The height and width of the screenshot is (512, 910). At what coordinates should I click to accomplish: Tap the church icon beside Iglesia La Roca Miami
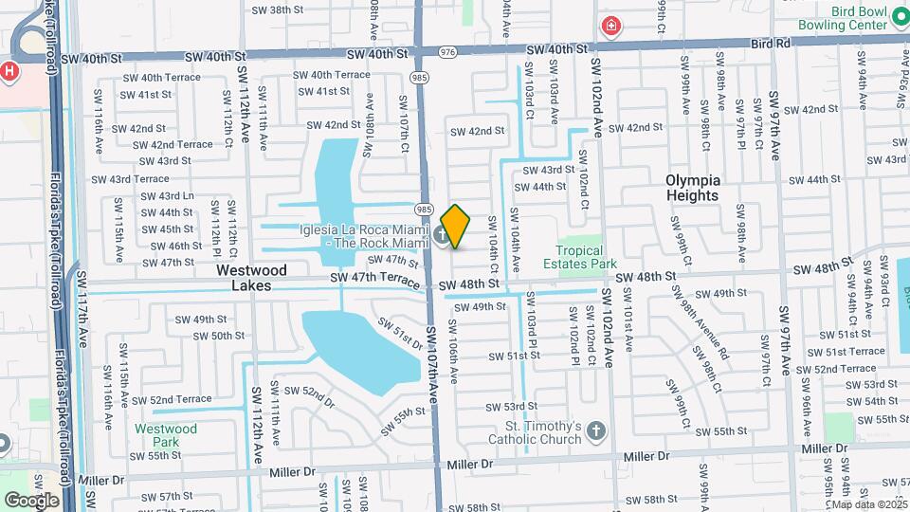click(x=444, y=235)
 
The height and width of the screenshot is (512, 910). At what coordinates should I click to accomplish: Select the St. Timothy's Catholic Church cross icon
click(x=595, y=432)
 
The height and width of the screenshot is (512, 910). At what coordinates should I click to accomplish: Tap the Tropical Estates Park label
click(x=586, y=256)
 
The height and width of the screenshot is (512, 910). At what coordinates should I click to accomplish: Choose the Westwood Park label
click(x=165, y=435)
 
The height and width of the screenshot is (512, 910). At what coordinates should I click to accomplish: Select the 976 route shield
click(x=447, y=51)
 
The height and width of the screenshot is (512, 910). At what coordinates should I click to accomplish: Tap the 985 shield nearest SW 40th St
click(x=417, y=76)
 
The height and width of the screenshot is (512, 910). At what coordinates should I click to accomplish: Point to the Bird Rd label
click(x=770, y=44)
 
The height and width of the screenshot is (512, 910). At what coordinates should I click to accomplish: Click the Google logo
click(x=31, y=500)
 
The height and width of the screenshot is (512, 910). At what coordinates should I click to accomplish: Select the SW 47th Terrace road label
click(x=374, y=278)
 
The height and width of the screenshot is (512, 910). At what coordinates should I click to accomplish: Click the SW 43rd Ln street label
click(x=168, y=196)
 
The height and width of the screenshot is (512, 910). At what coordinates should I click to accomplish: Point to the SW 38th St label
click(x=276, y=9)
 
